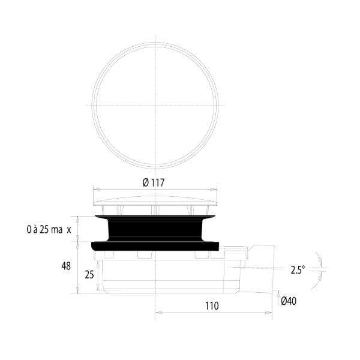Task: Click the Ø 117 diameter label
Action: [x=154, y=183]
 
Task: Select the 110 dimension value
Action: [x=211, y=305]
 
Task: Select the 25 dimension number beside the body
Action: [x=88, y=274]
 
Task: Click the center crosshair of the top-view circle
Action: [x=155, y=104]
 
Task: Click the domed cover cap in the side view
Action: [x=155, y=199]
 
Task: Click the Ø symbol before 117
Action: [x=146, y=183]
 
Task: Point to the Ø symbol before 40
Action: [x=284, y=301]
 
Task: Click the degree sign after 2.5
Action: [x=304, y=267]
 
